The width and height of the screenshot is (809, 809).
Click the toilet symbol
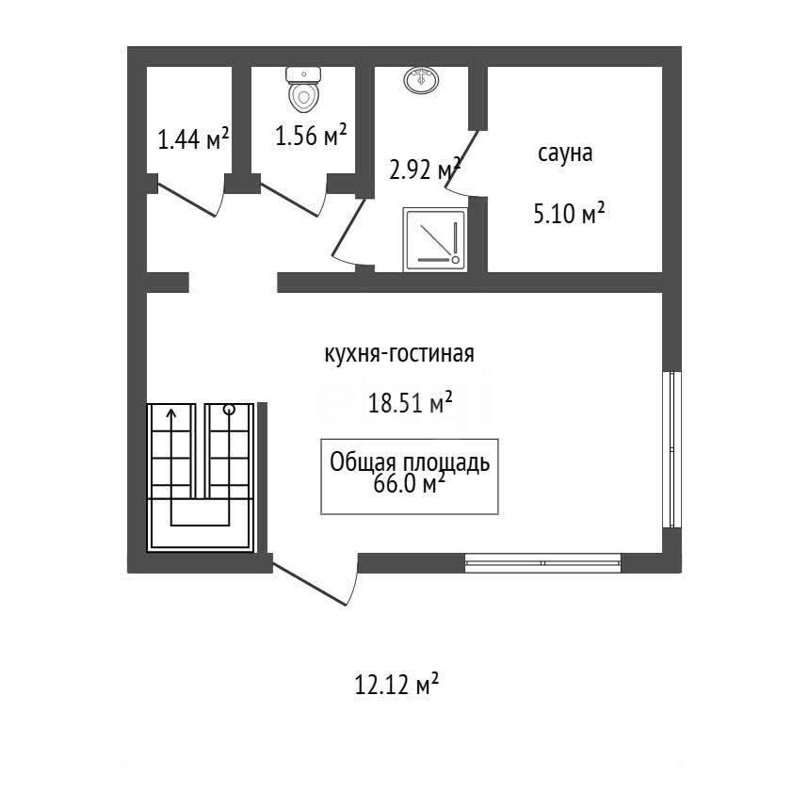pyautogui.click(x=304, y=89)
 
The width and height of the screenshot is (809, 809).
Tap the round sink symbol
pyautogui.click(x=422, y=80)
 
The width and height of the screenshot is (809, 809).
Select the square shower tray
pyautogui.click(x=435, y=239)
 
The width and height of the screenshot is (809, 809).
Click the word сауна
pyautogui.click(x=565, y=154)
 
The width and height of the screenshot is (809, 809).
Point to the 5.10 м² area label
pyautogui.click(x=569, y=213)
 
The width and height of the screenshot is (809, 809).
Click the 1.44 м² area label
pyautogui.click(x=193, y=138)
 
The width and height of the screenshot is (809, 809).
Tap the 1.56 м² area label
pyautogui.click(x=311, y=136)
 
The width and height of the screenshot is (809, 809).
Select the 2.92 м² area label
pyautogui.click(x=425, y=169)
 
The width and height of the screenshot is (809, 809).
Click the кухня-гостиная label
pyautogui.click(x=399, y=354)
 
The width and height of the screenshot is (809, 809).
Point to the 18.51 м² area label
pyautogui.click(x=411, y=402)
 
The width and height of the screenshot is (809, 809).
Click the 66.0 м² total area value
pyautogui.click(x=409, y=484)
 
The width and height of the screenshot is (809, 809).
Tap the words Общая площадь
pyautogui.click(x=410, y=462)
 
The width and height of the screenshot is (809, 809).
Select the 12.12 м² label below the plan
pyautogui.click(x=396, y=684)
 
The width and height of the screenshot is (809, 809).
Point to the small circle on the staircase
pyautogui.click(x=229, y=411)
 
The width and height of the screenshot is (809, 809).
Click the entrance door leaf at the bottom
pyautogui.click(x=309, y=584)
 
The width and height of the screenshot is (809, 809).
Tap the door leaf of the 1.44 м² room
pyautogui.click(x=186, y=201)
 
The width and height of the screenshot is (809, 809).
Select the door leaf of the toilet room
pyautogui.click(x=289, y=200)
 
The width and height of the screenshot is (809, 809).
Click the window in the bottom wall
pyautogui.click(x=542, y=563)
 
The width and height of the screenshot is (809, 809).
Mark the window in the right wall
pyautogui.click(x=671, y=449)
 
